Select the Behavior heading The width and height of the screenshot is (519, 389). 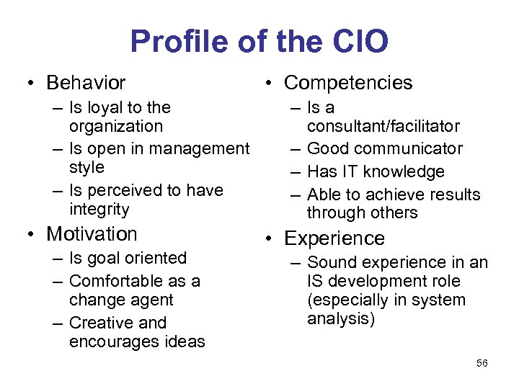[86, 83]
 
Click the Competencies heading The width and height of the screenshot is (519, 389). [348, 83]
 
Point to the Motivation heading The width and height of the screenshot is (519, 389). [92, 234]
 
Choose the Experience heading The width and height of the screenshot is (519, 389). [334, 238]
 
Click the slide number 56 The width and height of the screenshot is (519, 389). [482, 363]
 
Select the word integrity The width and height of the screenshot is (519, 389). [99, 210]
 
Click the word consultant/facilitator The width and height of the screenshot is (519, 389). [383, 127]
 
